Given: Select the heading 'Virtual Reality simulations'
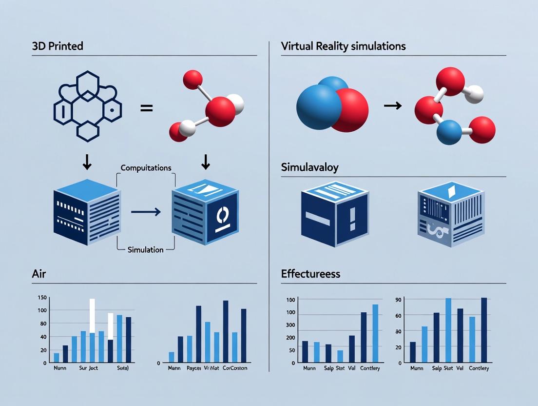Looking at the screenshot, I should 343,47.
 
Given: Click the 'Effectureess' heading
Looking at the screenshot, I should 310,274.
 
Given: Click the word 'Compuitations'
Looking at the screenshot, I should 146,167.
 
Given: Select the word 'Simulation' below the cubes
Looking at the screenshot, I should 145,250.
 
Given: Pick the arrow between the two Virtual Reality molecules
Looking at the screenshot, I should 392,105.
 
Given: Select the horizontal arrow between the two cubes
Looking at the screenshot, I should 146,212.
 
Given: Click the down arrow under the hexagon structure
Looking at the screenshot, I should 87,163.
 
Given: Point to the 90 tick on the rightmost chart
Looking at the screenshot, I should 398,300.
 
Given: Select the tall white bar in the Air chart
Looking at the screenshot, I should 92,315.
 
